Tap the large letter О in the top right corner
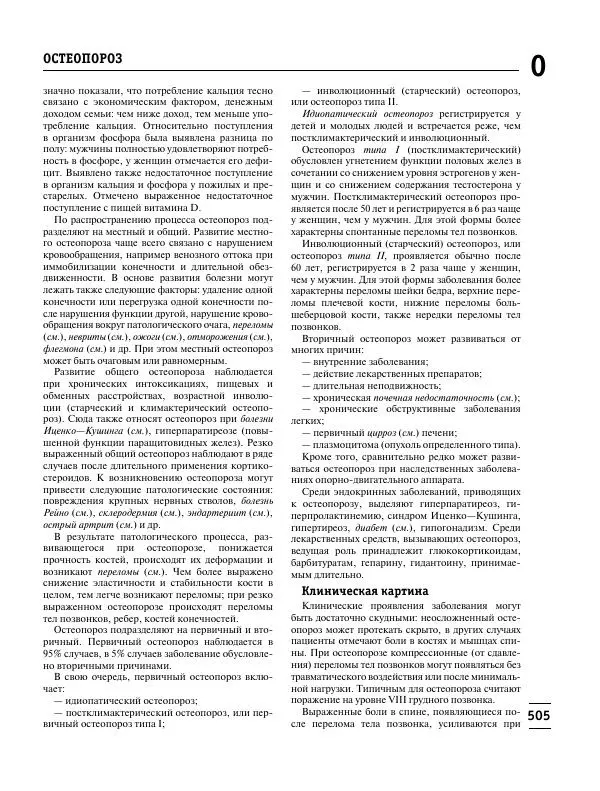click(537, 66)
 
